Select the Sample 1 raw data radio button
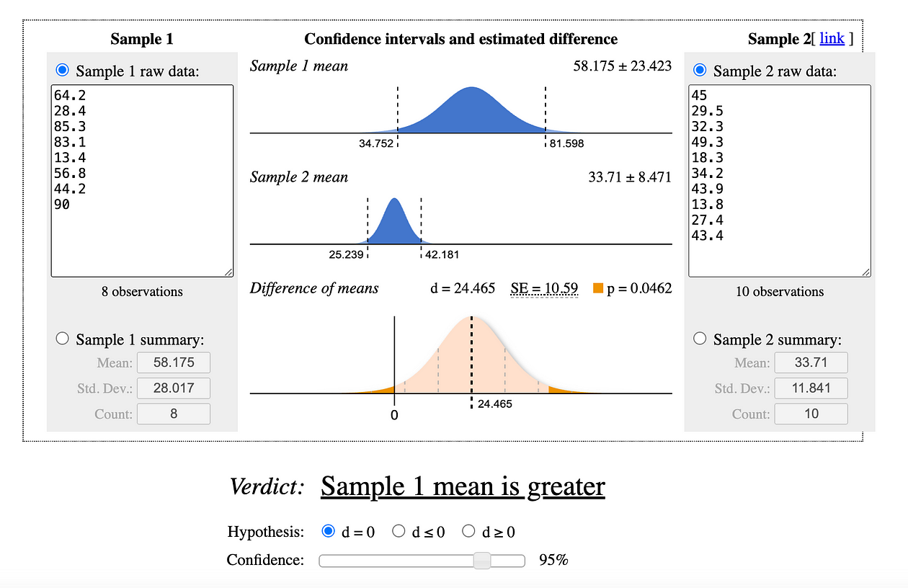[x=63, y=71]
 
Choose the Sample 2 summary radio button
[x=700, y=339]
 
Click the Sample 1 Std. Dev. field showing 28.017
[x=173, y=388]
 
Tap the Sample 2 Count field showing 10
[x=811, y=414]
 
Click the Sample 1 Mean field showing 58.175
[x=173, y=362]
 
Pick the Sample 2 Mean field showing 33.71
[x=811, y=362]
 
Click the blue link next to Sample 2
[x=832, y=38]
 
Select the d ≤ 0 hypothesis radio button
[x=399, y=532]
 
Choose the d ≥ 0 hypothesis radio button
[x=469, y=532]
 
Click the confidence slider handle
[x=482, y=560]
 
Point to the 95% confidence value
[x=553, y=560]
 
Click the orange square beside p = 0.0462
[x=598, y=289]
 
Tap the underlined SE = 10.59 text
[x=544, y=288]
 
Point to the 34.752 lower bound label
[x=376, y=143]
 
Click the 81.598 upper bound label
[x=566, y=143]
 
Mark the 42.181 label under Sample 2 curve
[x=442, y=254]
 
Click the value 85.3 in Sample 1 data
[x=70, y=127]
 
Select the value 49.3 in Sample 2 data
[x=707, y=142]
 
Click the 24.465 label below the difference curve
[x=495, y=404]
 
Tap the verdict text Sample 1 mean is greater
[x=463, y=486]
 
